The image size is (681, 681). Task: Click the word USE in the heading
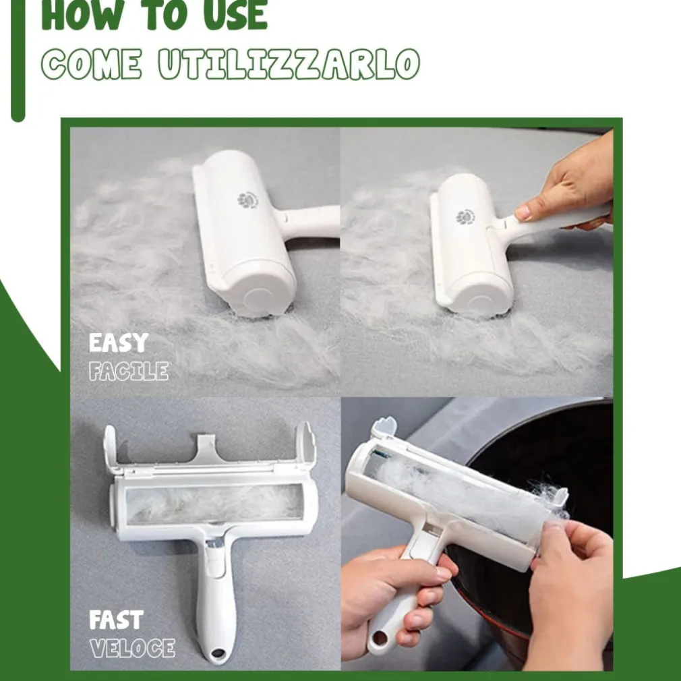click(235, 15)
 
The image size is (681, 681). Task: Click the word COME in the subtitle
click(91, 64)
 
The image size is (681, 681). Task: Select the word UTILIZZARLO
click(289, 64)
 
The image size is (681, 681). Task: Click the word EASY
click(119, 343)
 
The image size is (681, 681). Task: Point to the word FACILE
click(129, 372)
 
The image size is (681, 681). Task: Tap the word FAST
click(116, 620)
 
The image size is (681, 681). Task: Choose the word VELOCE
click(132, 648)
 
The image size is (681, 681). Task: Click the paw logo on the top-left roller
click(247, 200)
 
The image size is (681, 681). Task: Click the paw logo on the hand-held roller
click(465, 216)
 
